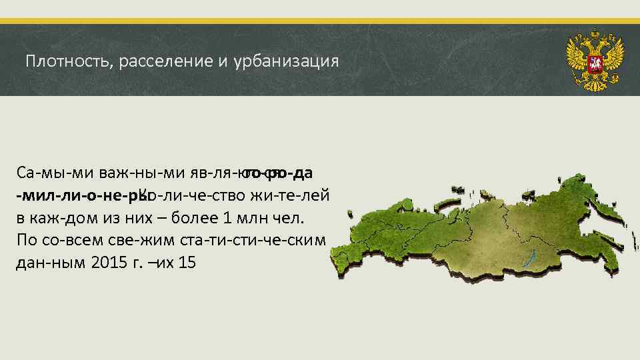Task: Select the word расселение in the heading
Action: (156, 62)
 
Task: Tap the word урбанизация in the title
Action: (287, 62)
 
